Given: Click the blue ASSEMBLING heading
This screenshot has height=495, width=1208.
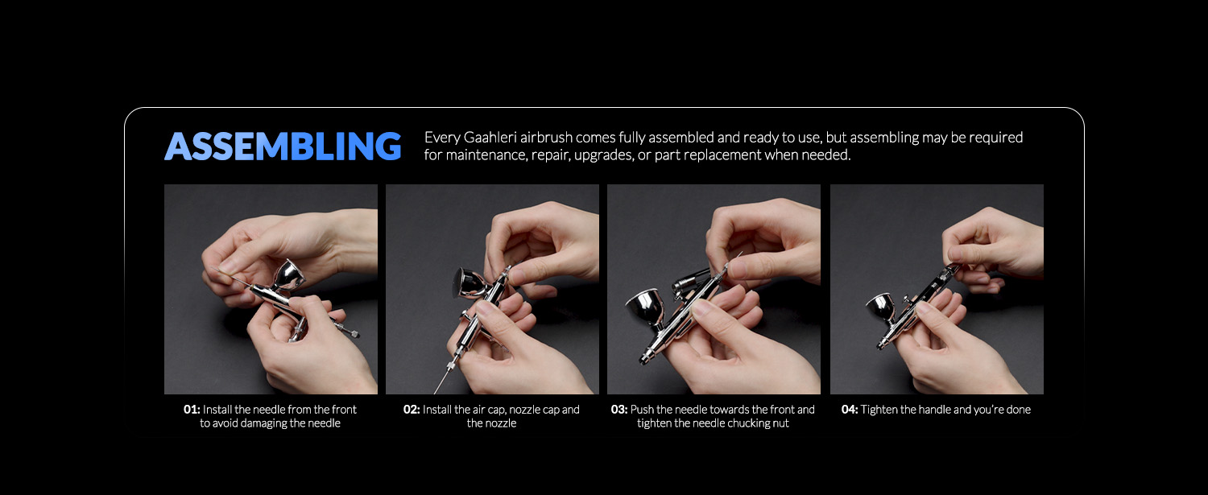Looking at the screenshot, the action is tap(283, 146).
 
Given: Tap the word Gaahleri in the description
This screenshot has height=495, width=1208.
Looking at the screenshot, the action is tap(490, 138).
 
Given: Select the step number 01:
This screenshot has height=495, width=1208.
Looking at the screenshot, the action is tap(192, 409).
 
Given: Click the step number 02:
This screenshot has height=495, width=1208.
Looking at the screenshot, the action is tap(412, 409).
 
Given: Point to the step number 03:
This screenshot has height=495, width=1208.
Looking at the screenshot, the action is tap(619, 409).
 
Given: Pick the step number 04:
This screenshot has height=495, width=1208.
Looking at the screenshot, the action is tap(850, 409).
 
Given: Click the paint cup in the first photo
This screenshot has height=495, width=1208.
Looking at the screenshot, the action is tap(288, 275).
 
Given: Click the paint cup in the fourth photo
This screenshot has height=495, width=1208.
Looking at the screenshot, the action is tap(881, 308).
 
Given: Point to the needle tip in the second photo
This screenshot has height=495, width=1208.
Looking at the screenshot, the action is tap(435, 393).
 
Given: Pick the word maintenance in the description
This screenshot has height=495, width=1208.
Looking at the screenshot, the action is tap(485, 155).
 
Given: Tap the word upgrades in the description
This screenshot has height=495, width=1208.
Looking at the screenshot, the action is tap(604, 156).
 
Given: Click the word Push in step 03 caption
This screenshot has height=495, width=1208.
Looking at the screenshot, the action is tap(640, 409).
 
